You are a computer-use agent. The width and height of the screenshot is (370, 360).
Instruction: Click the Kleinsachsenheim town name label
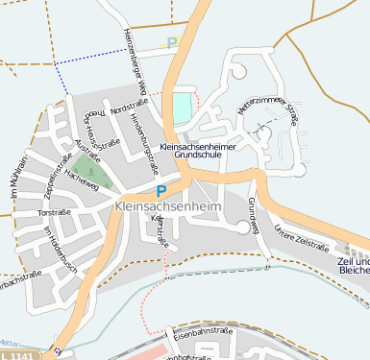167,206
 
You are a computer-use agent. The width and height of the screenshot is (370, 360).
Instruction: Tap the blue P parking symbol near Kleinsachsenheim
161,191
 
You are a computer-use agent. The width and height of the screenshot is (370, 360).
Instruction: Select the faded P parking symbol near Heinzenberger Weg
172,43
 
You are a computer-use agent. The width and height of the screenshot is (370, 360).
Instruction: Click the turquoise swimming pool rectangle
181,107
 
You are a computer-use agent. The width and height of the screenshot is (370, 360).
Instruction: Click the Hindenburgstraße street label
150,148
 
